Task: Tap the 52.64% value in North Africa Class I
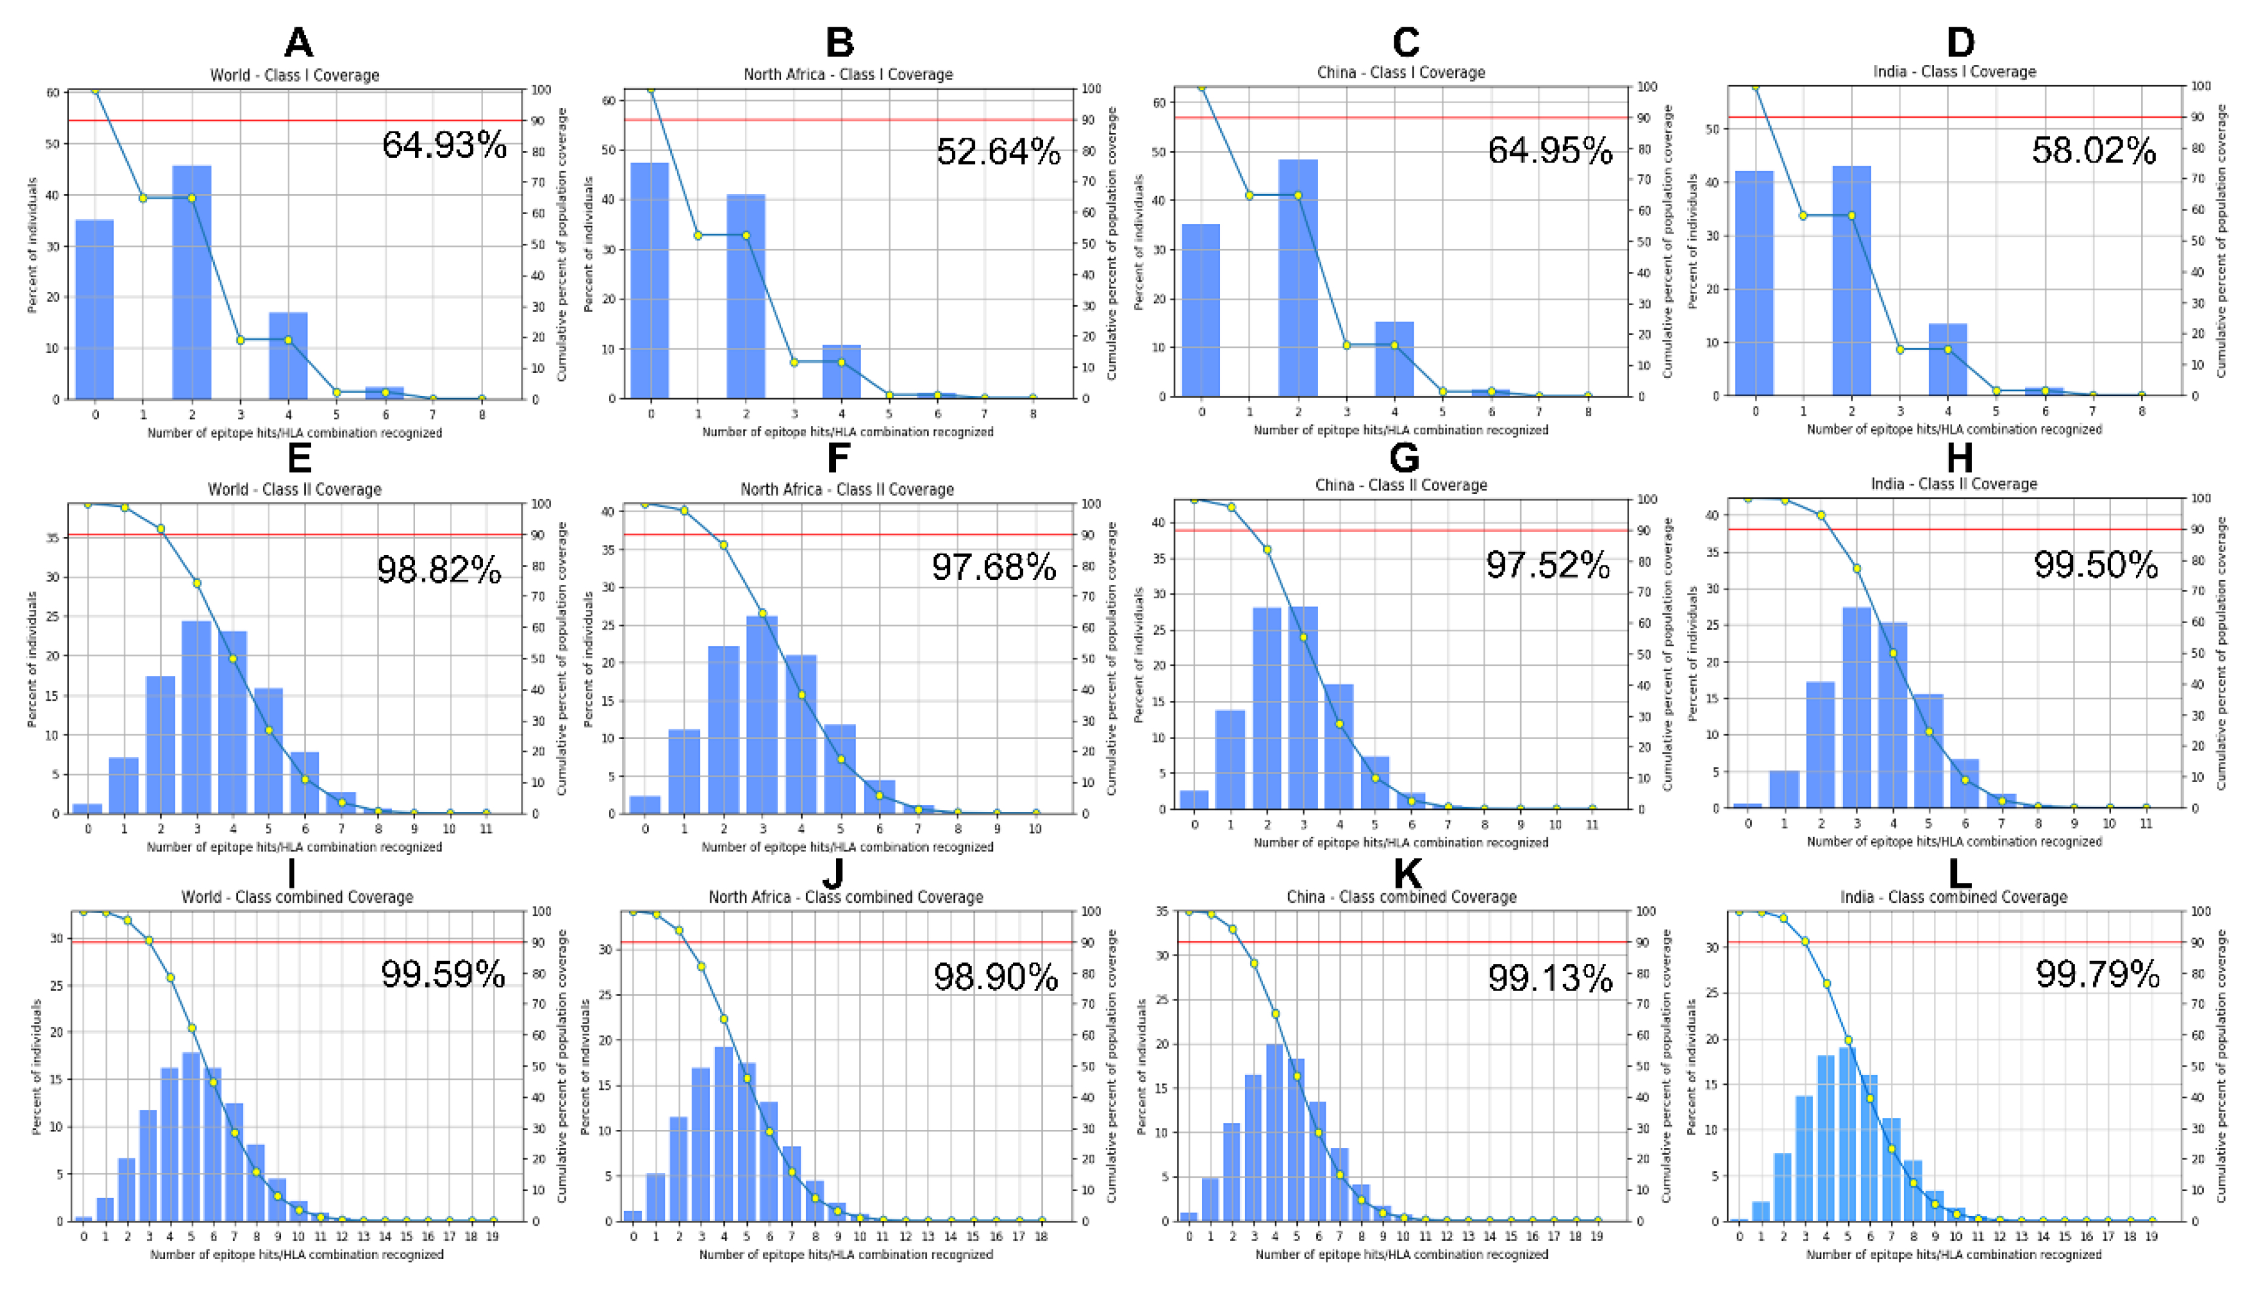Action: pos(998,152)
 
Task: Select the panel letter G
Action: pos(1404,458)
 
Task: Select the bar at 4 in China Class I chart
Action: pos(1394,359)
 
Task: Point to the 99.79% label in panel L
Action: pos(2097,974)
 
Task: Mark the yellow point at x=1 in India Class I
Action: pos(1803,215)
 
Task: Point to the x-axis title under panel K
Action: pos(1401,1255)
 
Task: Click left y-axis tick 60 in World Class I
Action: pos(53,92)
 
